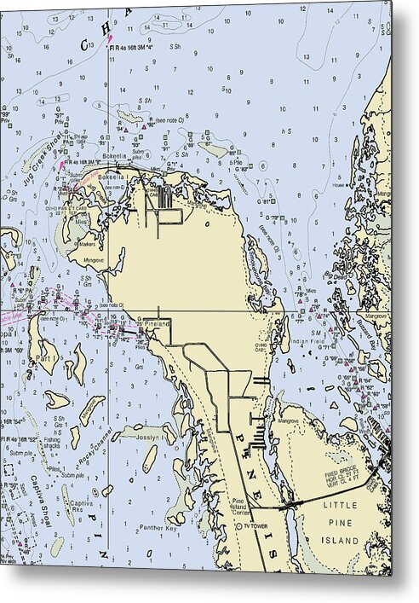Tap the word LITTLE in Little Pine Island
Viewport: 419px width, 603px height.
pyautogui.click(x=341, y=506)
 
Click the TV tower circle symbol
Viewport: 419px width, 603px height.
pyautogui.click(x=238, y=526)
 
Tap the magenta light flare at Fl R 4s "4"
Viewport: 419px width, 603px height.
pyautogui.click(x=110, y=38)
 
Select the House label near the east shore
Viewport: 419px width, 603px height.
pyautogui.click(x=338, y=186)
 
